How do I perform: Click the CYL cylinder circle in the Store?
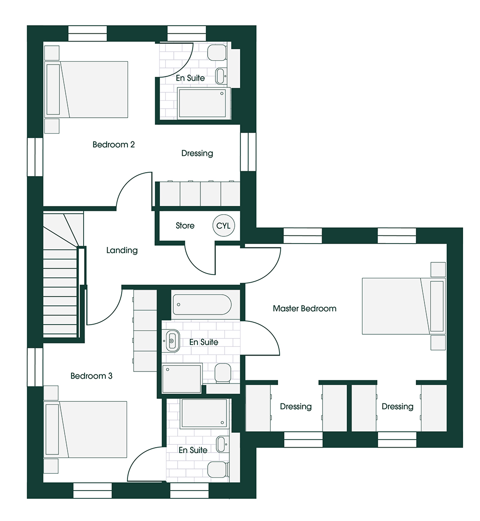(224, 226)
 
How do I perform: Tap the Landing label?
(122, 250)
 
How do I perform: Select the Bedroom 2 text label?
(113, 145)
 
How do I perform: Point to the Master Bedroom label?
(304, 309)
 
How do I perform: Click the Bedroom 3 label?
(91, 376)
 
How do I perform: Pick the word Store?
(185, 226)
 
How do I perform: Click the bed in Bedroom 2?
(86, 89)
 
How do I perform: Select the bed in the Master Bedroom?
(404, 306)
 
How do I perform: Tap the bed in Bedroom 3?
(85, 429)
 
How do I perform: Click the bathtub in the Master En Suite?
(202, 305)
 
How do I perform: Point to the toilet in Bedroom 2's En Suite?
(217, 53)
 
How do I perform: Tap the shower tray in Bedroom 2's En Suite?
(204, 103)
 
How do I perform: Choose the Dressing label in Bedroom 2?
(197, 153)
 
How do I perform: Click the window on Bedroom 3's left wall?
(35, 367)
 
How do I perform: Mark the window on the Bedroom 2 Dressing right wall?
(248, 152)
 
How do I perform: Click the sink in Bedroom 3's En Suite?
(221, 444)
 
